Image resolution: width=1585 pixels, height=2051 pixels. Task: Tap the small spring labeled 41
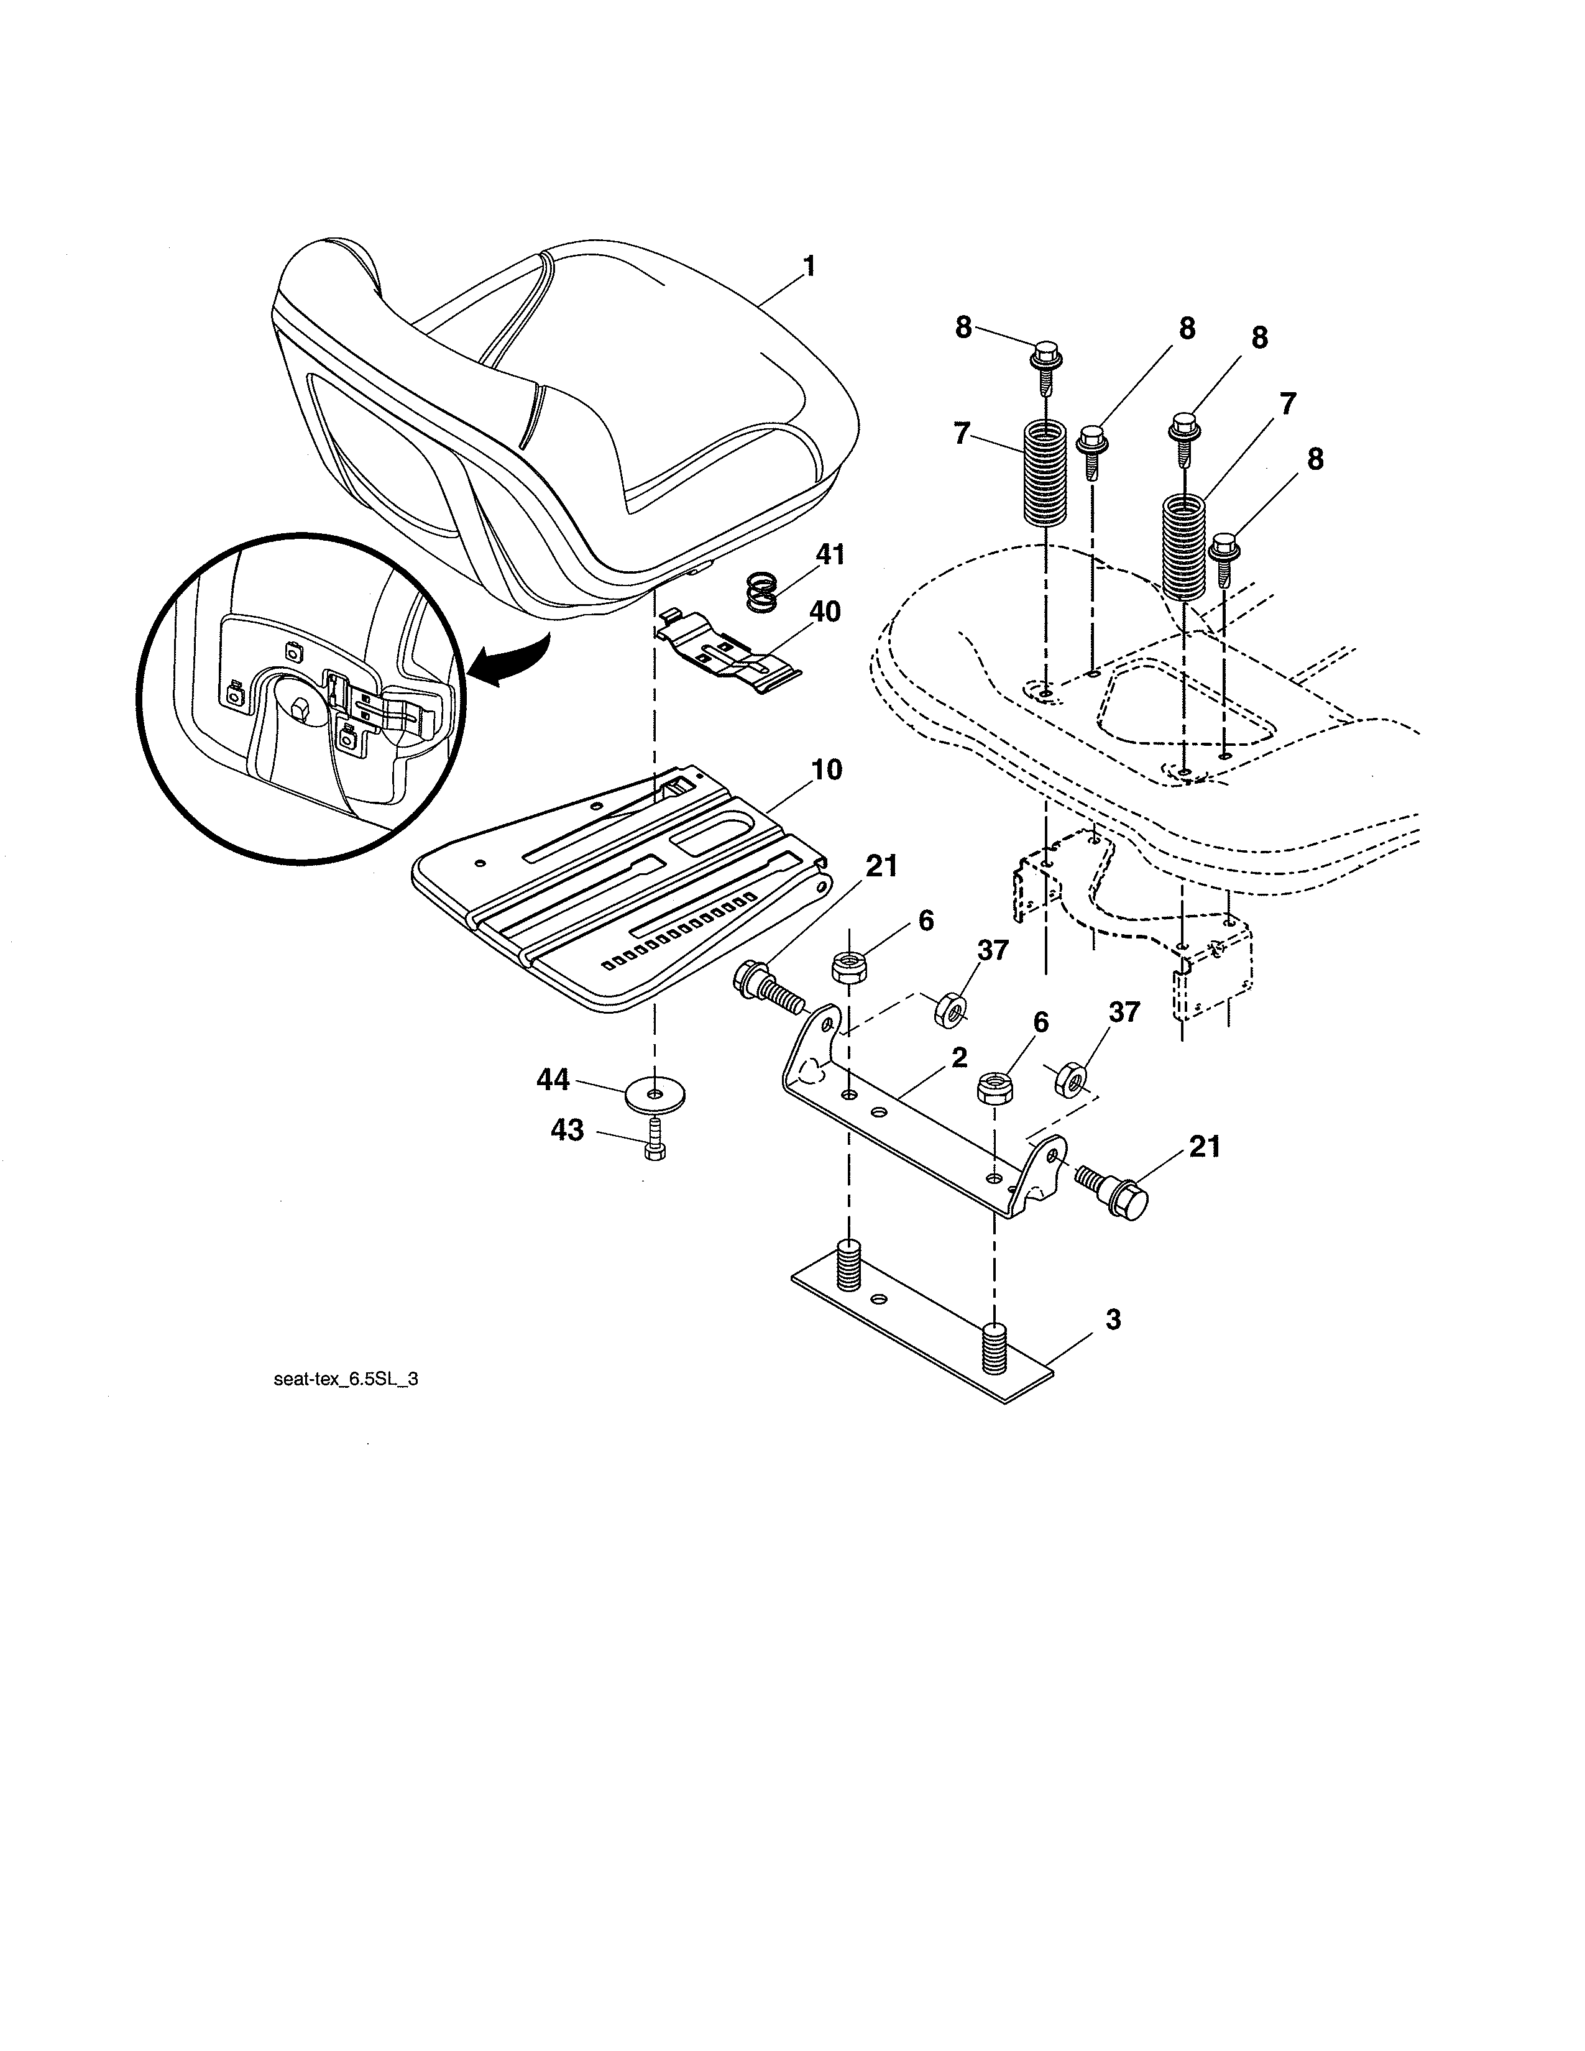(765, 594)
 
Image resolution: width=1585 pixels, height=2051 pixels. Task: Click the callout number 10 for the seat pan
(826, 770)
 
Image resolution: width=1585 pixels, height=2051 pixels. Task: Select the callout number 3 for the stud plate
(1112, 1319)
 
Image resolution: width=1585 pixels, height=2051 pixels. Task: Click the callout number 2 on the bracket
(958, 1057)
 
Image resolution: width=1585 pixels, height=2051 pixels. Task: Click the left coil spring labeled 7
(1043, 472)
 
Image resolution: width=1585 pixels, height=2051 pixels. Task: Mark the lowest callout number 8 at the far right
(1315, 459)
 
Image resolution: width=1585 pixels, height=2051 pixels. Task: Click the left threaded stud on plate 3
(848, 1255)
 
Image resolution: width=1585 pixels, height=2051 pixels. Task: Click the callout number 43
(566, 1130)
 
